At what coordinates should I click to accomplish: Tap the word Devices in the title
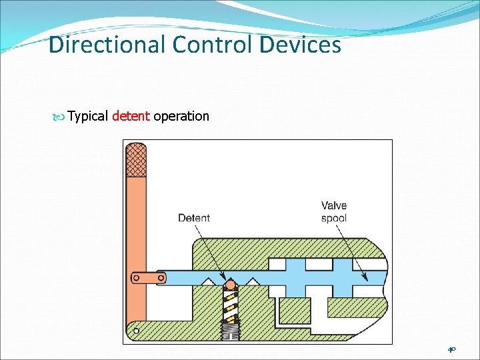pyautogui.click(x=299, y=45)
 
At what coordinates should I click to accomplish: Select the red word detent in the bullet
pyautogui.click(x=131, y=116)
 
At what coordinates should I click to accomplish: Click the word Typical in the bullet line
pyautogui.click(x=88, y=116)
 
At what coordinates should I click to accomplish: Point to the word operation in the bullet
pyautogui.click(x=181, y=116)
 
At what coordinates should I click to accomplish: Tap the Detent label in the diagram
pyautogui.click(x=194, y=217)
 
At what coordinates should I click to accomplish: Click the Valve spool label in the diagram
pyautogui.click(x=334, y=212)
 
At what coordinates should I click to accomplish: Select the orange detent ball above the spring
pyautogui.click(x=230, y=286)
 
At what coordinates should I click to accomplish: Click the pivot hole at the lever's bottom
pyautogui.click(x=136, y=329)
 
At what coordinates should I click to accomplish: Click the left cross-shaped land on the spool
pyautogui.click(x=295, y=277)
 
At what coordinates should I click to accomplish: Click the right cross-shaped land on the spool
pyautogui.click(x=343, y=277)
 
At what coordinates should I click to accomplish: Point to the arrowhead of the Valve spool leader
pyautogui.click(x=363, y=278)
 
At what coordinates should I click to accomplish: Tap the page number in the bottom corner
pyautogui.click(x=451, y=349)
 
